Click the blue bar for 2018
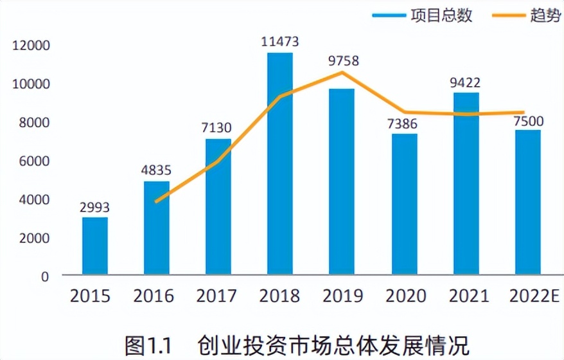pos(279,164)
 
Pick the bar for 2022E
pos(527,203)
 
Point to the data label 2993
pos(94,208)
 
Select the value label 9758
pos(341,62)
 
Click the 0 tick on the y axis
pos(44,276)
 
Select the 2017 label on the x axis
pos(217,296)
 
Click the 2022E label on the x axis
pos(531,296)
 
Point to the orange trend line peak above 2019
pos(342,73)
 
